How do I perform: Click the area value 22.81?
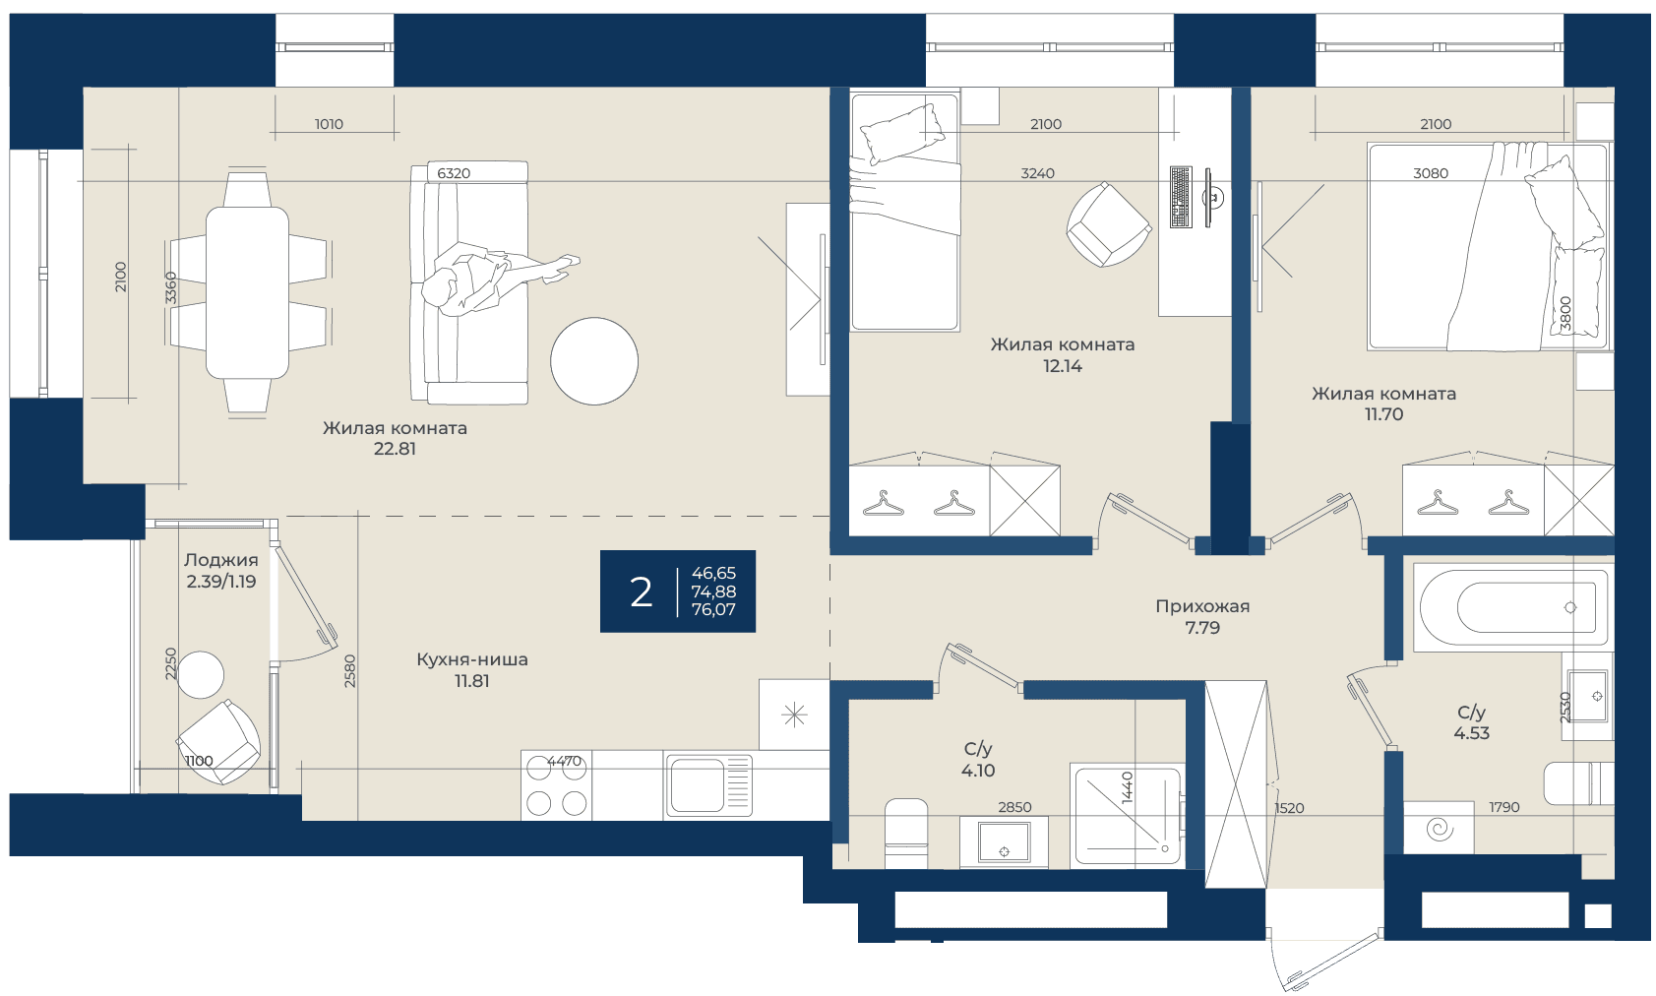[x=395, y=449]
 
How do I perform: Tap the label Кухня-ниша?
[x=472, y=658]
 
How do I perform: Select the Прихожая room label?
[x=1202, y=606]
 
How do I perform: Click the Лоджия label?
[x=221, y=560]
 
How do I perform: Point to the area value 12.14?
[x=1063, y=366]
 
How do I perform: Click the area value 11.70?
[x=1384, y=414]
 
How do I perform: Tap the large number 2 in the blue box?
[x=641, y=591]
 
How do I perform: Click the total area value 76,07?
[x=713, y=609]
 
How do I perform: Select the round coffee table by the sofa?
[x=594, y=361]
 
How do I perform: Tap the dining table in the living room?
[x=247, y=293]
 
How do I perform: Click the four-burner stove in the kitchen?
[x=557, y=785]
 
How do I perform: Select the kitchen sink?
[x=709, y=785]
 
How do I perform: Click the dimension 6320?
[x=454, y=173]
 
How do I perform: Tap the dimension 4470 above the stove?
[x=564, y=760]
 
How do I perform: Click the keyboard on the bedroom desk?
[x=1181, y=198]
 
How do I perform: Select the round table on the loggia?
[x=201, y=675]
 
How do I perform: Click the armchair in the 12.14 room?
[x=1108, y=224]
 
